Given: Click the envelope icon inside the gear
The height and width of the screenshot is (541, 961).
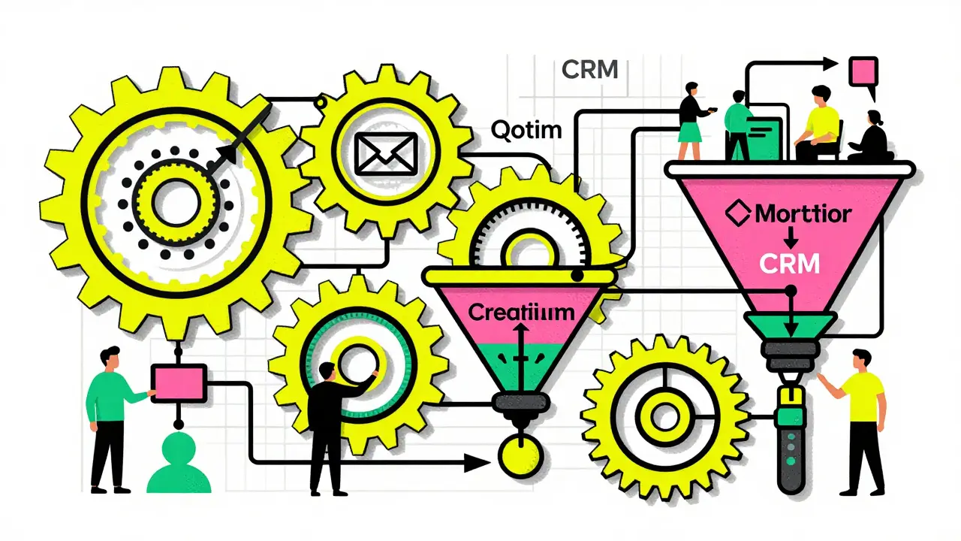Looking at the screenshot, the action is tap(386, 154).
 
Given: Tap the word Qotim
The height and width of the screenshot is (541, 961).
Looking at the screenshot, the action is tap(526, 130).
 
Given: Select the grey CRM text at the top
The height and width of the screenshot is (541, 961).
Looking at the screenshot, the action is tap(590, 70).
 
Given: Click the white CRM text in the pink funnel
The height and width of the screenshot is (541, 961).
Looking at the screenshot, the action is tap(789, 264).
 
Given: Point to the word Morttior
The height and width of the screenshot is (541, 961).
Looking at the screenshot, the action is tap(803, 214).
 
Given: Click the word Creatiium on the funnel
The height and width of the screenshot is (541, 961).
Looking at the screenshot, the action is tap(521, 312).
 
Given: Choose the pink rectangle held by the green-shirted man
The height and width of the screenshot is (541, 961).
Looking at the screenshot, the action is tap(179, 383).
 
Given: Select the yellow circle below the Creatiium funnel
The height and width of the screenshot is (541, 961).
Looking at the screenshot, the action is tap(520, 455).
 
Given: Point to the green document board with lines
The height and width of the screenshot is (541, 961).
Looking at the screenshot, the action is tap(765, 138).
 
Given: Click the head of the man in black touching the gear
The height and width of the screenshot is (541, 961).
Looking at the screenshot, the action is tap(327, 371).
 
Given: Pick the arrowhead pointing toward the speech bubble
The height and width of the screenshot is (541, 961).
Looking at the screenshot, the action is tap(830, 64).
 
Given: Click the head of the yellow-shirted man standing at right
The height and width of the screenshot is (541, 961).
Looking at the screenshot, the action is tap(860, 360).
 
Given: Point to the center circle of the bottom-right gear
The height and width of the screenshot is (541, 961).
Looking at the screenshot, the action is tap(664, 417).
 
